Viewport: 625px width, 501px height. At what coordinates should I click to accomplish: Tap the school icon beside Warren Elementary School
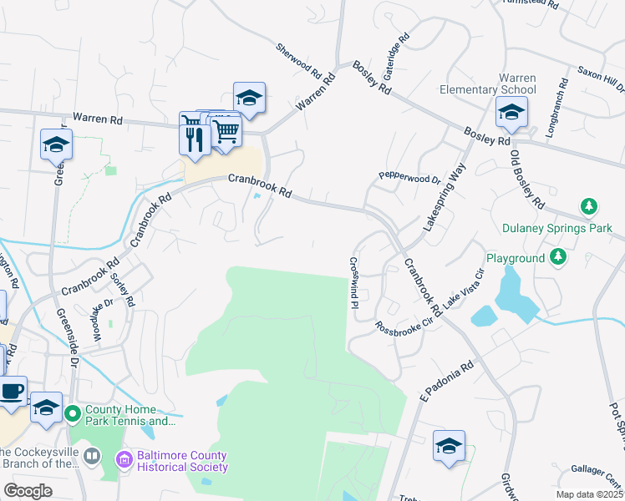pyautogui.click(x=511, y=113)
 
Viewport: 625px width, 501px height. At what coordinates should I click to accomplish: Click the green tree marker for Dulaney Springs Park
pyautogui.click(x=589, y=205)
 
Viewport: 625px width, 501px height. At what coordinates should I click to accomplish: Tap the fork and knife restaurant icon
pyautogui.click(x=196, y=135)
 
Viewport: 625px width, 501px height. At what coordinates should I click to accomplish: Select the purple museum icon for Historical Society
pyautogui.click(x=124, y=459)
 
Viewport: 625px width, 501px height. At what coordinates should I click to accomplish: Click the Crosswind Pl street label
pyautogui.click(x=354, y=282)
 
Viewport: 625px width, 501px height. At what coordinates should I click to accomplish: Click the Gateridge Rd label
pyautogui.click(x=397, y=49)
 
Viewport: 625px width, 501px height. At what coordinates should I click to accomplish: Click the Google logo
pyautogui.click(x=28, y=491)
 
